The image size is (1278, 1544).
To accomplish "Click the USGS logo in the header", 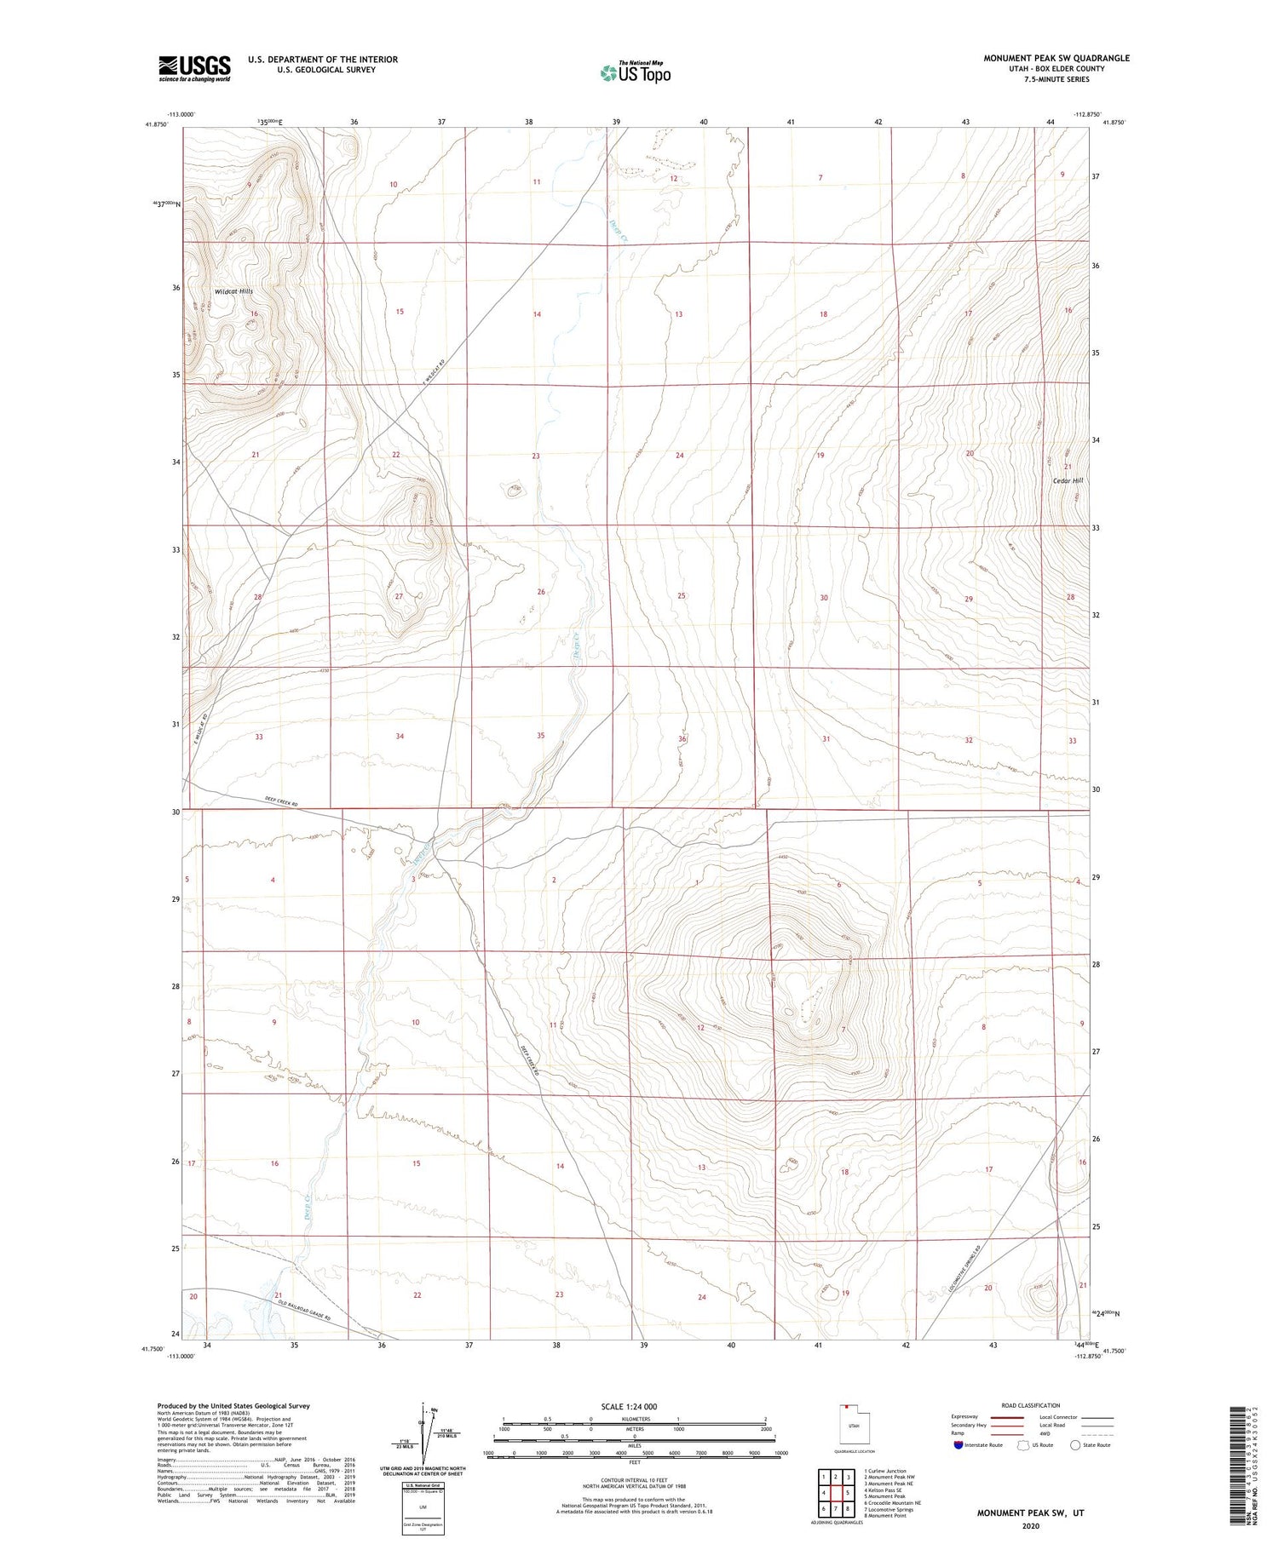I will [194, 68].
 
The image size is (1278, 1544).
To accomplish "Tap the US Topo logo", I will [636, 73].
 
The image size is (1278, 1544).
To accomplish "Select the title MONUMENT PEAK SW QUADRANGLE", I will [1056, 58].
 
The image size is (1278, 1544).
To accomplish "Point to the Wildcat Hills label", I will [233, 291].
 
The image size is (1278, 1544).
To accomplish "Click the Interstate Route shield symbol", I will [958, 1445].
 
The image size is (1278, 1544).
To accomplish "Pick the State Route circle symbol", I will [1075, 1444].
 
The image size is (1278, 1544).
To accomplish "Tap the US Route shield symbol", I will [1024, 1444].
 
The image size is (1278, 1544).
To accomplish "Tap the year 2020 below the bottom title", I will [1031, 1526].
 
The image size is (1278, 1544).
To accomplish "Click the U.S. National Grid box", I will [423, 1508].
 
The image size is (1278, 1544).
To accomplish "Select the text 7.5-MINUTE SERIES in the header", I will [1056, 79].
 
